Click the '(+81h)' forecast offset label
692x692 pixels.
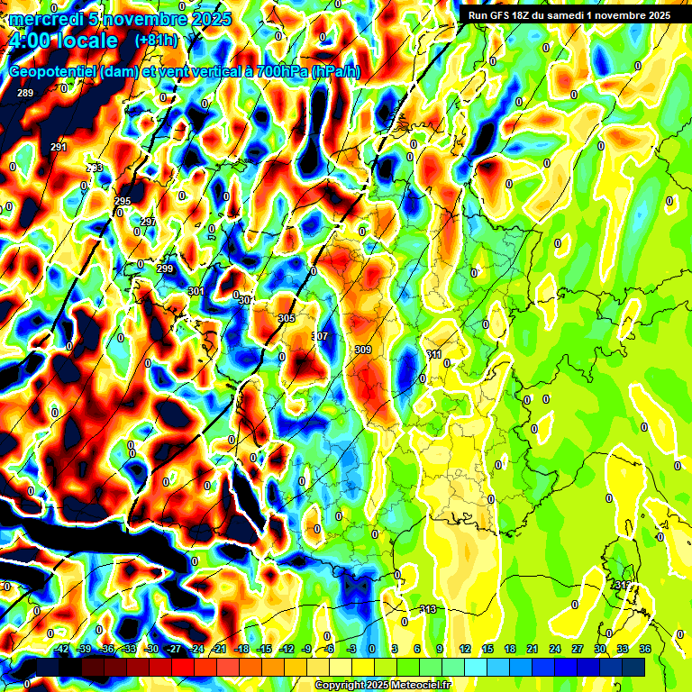coord(155,41)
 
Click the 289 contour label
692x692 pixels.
coord(25,94)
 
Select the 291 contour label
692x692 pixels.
coord(59,147)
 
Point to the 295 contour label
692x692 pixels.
coord(123,201)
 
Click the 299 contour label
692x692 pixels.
coord(165,269)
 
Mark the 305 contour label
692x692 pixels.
coord(287,319)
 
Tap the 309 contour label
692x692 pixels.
coord(363,350)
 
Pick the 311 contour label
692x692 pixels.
coord(433,355)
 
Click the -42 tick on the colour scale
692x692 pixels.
coord(62,648)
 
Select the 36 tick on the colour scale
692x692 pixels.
coord(645,648)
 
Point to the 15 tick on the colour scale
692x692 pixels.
coord(487,648)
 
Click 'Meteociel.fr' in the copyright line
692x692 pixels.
coord(420,686)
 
